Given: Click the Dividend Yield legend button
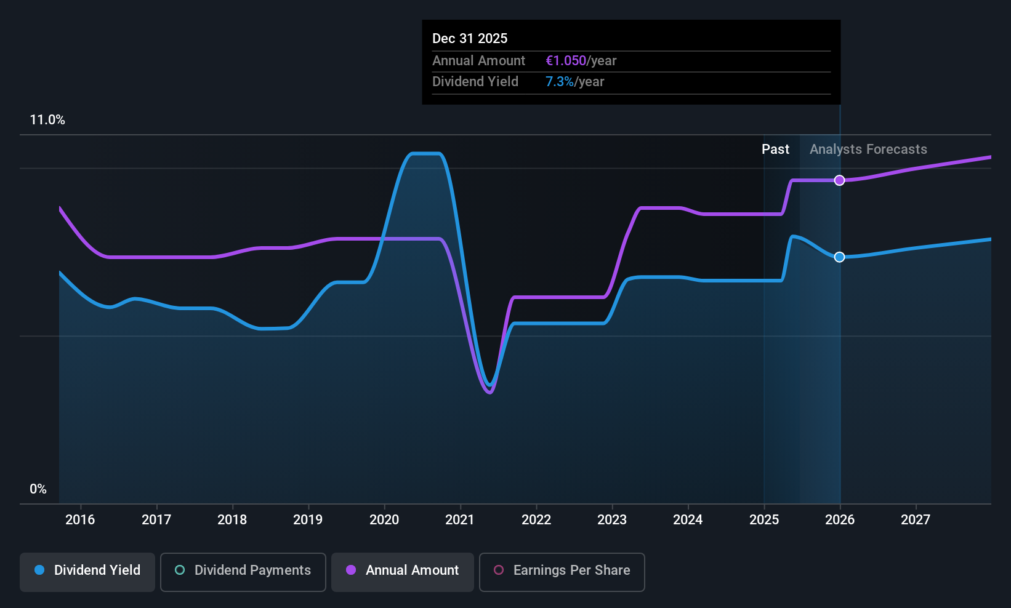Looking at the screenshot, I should (87, 570).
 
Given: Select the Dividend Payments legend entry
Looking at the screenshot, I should (243, 570).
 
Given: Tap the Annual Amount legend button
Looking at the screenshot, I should (403, 570).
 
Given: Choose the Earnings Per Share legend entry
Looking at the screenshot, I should (562, 570).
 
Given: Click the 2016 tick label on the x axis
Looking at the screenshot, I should (80, 520).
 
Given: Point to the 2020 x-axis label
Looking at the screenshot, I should (384, 520).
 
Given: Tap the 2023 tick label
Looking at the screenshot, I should (612, 520).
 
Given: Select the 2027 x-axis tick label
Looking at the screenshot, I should (916, 520).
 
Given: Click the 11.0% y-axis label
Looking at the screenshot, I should (47, 120).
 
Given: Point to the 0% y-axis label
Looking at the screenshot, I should (38, 489).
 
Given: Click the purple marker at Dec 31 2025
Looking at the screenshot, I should (840, 180).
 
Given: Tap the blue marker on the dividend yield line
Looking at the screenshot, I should (840, 257).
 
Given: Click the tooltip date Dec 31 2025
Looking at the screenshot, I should (470, 39).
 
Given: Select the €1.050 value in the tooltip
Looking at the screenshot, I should (566, 61).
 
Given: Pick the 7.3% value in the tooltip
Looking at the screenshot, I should (560, 82).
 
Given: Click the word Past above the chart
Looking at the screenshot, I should (775, 150).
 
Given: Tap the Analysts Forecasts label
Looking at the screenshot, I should (868, 150).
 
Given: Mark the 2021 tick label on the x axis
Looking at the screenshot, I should (460, 520).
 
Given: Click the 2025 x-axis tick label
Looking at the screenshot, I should (764, 520).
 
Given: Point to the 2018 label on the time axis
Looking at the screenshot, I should (232, 520).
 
